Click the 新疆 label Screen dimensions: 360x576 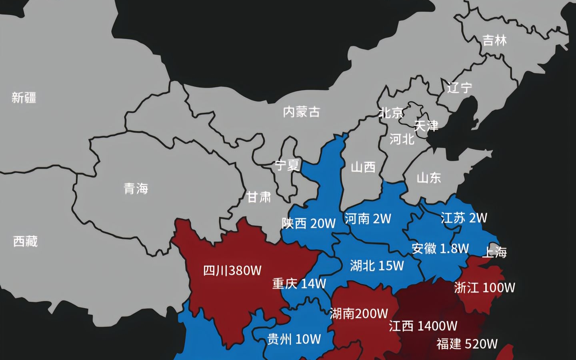(x=24, y=98)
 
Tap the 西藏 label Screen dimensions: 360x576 (x=25, y=241)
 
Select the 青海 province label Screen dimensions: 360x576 (x=136, y=188)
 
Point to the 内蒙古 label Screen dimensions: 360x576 (x=302, y=112)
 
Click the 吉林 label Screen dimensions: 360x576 (x=495, y=40)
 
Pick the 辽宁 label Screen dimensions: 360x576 (x=460, y=88)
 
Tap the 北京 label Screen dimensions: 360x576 (x=391, y=113)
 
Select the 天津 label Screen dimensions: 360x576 (x=426, y=126)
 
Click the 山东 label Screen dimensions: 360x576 (x=429, y=178)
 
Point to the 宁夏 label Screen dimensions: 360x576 (x=287, y=165)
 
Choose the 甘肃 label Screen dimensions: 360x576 (x=258, y=197)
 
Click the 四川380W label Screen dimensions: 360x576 (x=232, y=271)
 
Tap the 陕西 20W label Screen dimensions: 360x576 (x=308, y=223)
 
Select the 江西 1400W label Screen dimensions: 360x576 (x=423, y=326)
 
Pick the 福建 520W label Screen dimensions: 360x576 (x=467, y=344)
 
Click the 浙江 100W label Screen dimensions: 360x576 (x=485, y=288)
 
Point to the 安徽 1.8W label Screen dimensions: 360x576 (x=440, y=248)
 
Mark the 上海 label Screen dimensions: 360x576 (x=495, y=252)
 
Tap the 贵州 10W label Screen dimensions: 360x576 (x=294, y=339)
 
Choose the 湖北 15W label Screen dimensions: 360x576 (x=377, y=266)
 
